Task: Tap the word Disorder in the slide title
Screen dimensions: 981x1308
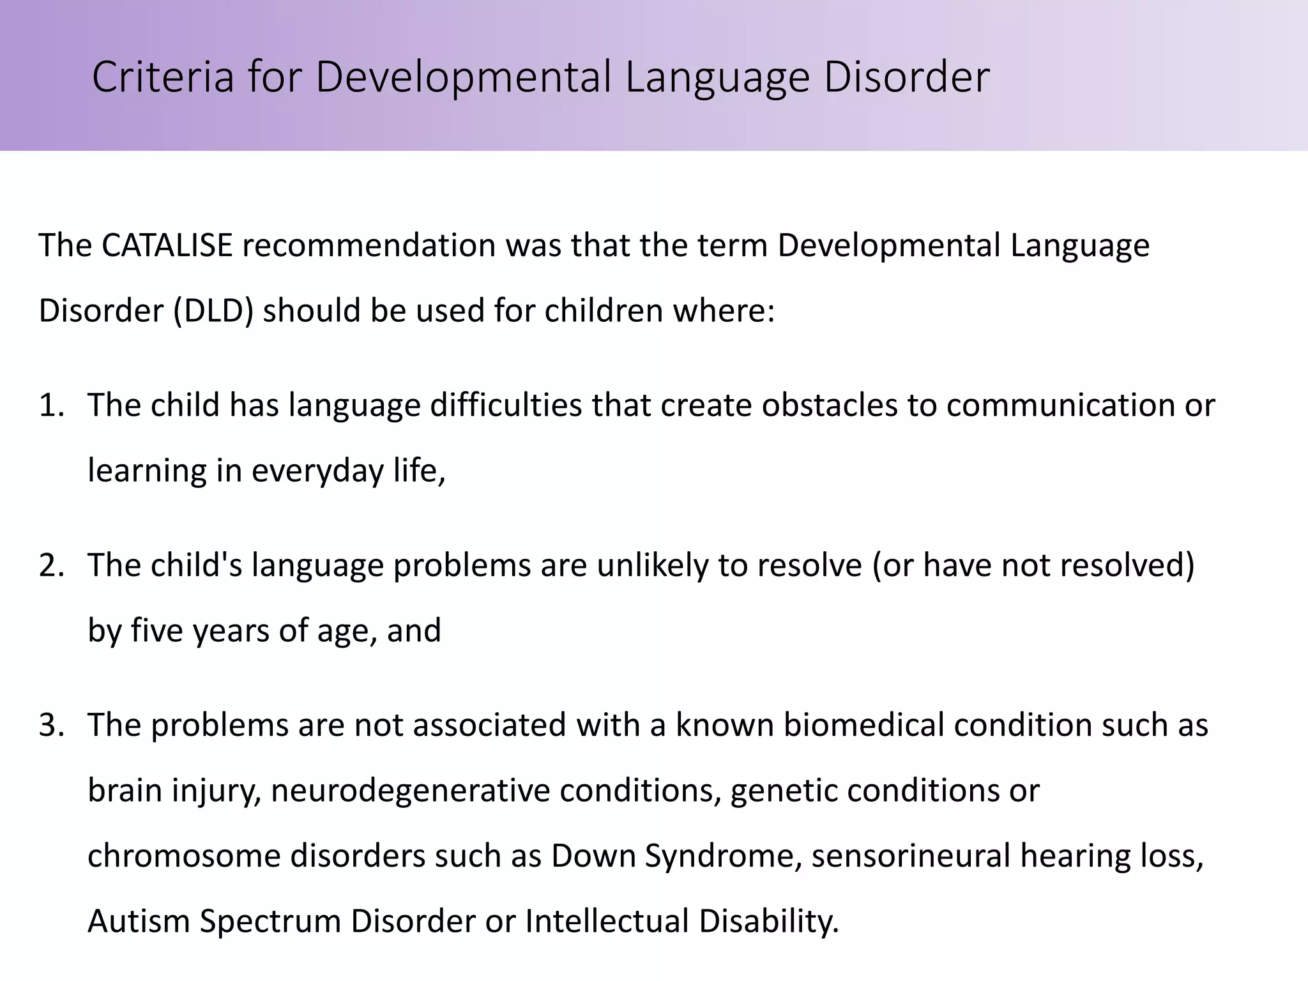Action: click(x=906, y=77)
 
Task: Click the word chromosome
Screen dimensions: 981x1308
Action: click(x=184, y=856)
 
